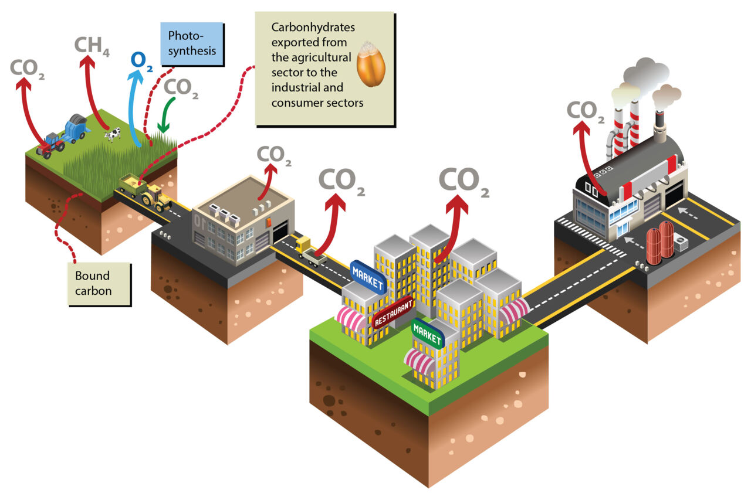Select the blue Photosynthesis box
pyautogui.click(x=192, y=43)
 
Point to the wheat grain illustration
pyautogui.click(x=371, y=65)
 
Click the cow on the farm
pyautogui.click(x=113, y=134)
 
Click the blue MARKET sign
pyautogui.click(x=368, y=277)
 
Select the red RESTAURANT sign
pyautogui.click(x=393, y=312)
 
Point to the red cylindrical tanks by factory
pyautogui.click(x=659, y=242)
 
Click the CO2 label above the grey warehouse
pyautogui.click(x=275, y=155)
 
